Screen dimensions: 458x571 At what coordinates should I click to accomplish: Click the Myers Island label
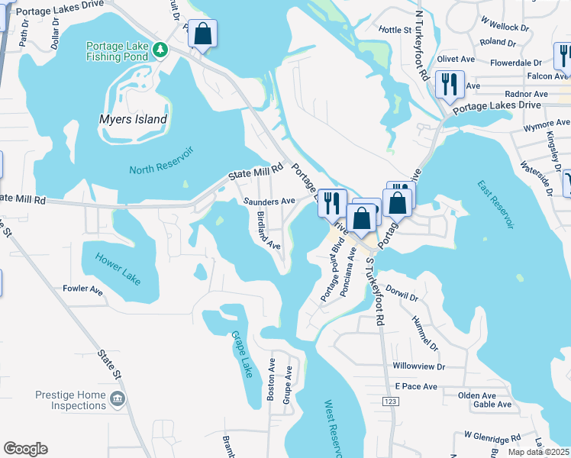click(134, 119)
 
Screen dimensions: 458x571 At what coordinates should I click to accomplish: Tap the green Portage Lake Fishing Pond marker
click(160, 50)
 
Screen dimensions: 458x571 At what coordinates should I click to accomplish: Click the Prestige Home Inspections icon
click(117, 398)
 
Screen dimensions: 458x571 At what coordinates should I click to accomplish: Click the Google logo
click(25, 449)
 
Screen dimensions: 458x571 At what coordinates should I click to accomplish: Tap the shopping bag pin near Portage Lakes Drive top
click(202, 34)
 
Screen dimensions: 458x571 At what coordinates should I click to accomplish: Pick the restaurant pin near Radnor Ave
click(450, 83)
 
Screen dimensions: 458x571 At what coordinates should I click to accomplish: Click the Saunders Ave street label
click(269, 201)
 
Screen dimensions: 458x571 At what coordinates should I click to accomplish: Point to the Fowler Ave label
click(83, 290)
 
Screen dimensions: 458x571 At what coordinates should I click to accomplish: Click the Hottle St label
click(395, 31)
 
